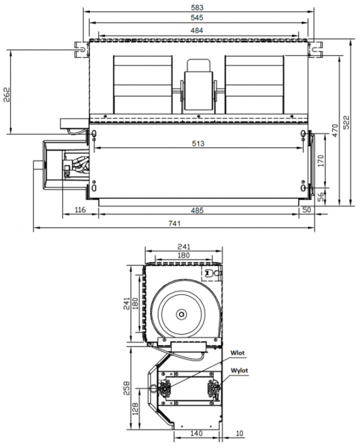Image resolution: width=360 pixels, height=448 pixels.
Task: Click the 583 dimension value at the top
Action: (197, 8)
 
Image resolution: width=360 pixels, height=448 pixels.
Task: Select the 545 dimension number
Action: (197, 17)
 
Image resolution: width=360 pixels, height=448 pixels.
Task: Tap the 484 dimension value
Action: (197, 31)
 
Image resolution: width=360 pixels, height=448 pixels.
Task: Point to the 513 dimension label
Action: (198, 144)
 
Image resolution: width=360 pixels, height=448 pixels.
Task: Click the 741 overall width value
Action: (175, 223)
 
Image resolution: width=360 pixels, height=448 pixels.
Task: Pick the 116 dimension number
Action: (80, 210)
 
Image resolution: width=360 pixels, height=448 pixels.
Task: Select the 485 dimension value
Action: (197, 211)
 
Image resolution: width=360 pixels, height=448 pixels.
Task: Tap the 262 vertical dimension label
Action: (7, 95)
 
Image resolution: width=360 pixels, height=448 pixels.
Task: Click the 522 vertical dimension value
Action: (346, 123)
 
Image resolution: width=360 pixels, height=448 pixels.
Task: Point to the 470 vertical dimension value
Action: (335, 130)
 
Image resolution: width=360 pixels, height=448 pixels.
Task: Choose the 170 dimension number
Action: (321, 161)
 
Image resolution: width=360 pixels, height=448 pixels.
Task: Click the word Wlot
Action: (237, 353)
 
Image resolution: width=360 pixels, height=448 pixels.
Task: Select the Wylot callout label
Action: (239, 371)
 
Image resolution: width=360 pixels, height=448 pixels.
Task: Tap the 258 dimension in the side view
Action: (126, 388)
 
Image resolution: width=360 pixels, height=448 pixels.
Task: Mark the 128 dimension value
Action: (135, 409)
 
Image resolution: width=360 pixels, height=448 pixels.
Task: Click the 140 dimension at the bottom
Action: (196, 433)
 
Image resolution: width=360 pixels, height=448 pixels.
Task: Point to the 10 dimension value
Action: (239, 433)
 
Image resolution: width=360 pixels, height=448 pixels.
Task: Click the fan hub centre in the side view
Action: (181, 314)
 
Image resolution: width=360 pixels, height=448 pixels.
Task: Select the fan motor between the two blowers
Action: (199, 86)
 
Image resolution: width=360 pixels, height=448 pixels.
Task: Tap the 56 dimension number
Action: (321, 196)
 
